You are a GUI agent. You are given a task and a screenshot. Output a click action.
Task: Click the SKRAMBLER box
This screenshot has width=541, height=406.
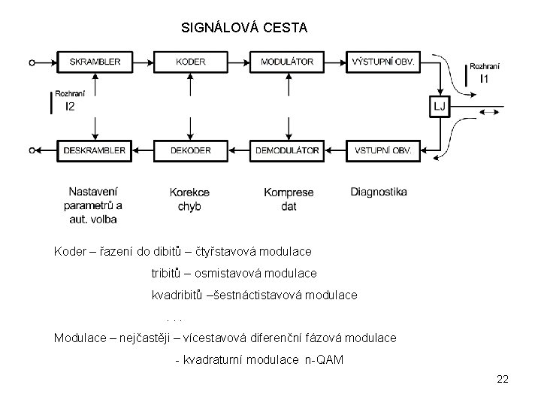click(x=95, y=62)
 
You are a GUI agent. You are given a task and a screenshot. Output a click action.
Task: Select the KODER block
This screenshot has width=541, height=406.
click(x=191, y=62)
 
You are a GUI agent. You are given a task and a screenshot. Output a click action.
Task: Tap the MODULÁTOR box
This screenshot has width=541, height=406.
click(x=287, y=62)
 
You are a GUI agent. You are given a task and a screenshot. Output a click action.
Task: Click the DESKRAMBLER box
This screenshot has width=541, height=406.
click(x=95, y=150)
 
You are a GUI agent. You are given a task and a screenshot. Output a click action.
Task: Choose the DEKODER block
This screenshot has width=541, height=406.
click(x=191, y=150)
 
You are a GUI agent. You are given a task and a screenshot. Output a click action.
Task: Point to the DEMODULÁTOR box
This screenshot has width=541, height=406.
click(x=287, y=150)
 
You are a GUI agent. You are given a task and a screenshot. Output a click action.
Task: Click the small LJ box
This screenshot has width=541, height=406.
click(x=440, y=107)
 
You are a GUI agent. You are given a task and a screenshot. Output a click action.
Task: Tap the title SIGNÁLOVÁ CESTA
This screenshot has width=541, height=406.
click(x=244, y=28)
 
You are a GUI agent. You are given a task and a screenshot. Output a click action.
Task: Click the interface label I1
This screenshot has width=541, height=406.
click(x=485, y=79)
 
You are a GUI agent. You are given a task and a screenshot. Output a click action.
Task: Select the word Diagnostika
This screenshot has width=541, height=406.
click(x=379, y=192)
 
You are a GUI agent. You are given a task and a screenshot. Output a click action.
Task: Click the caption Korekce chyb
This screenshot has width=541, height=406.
click(x=189, y=199)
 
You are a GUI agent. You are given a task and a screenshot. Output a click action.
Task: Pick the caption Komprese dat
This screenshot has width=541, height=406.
click(x=289, y=199)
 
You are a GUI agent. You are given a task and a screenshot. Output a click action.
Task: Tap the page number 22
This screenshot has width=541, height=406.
click(x=503, y=379)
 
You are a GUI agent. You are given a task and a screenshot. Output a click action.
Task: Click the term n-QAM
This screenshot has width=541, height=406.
click(x=324, y=360)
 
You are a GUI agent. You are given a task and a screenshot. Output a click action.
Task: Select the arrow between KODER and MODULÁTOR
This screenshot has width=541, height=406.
click(x=239, y=62)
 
